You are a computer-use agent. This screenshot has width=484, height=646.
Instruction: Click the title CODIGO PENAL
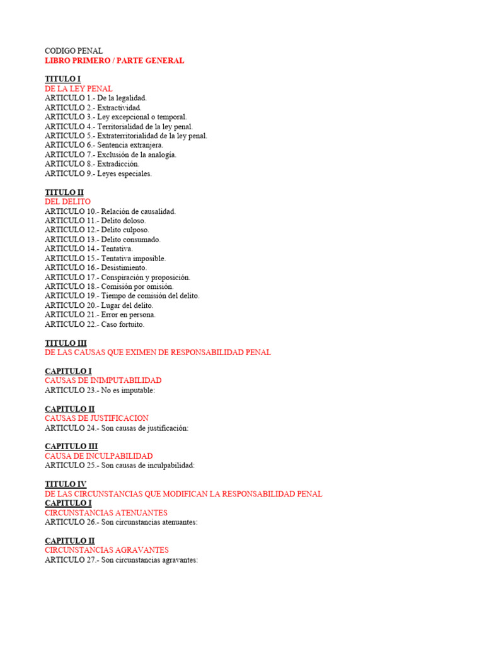74,51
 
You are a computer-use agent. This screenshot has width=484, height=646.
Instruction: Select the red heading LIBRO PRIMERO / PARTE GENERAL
115,61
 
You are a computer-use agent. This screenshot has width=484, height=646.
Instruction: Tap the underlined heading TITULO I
62,79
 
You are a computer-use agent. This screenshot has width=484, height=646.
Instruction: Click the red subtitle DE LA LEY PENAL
79,89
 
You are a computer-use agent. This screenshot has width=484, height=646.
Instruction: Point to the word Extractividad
119,107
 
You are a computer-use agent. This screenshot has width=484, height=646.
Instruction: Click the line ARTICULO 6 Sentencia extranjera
104,145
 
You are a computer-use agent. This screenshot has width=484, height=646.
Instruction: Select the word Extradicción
118,164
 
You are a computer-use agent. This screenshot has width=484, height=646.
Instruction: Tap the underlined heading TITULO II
64,192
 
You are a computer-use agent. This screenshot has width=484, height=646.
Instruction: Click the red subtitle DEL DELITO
68,202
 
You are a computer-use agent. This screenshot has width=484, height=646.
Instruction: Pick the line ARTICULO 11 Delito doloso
95,221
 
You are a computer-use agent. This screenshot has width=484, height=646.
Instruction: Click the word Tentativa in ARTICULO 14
117,249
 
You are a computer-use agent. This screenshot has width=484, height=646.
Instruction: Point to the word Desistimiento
124,267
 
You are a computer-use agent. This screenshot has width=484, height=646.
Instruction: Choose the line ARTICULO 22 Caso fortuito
95,324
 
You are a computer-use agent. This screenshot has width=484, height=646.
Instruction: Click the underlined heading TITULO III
66,343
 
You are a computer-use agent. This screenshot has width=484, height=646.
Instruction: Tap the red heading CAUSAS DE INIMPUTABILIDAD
103,380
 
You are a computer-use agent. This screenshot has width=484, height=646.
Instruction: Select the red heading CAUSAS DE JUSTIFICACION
97,418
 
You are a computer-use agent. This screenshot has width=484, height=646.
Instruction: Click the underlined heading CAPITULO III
71,447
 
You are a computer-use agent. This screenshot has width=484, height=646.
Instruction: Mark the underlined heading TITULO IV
66,484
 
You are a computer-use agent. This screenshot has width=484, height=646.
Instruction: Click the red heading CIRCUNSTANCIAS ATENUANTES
106,513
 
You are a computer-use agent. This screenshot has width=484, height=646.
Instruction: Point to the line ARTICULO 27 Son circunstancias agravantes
122,560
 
